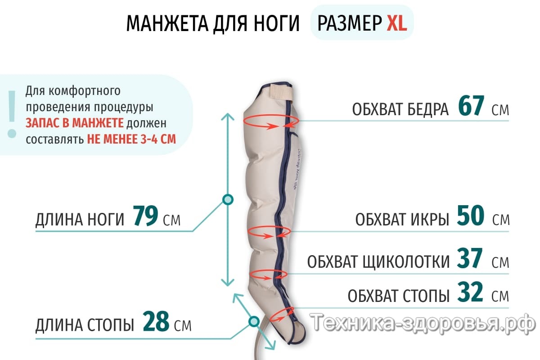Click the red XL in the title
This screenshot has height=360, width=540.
[x=396, y=23]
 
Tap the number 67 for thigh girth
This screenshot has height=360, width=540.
[x=471, y=107]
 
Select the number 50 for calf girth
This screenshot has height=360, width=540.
[x=471, y=216]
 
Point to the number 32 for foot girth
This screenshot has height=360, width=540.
[x=471, y=293]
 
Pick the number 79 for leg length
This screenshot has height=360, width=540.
[x=146, y=217]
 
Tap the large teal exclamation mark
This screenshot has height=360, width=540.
[x=12, y=114]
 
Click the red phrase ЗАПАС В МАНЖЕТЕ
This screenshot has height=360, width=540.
[x=75, y=122]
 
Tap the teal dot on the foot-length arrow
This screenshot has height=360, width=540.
[x=254, y=321]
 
